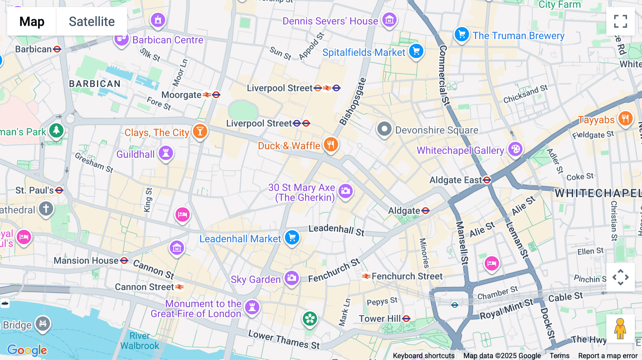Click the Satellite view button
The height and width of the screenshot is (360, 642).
(x=92, y=21)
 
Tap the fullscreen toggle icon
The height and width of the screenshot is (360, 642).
(x=620, y=21)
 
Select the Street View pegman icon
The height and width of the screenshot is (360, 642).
(x=620, y=329)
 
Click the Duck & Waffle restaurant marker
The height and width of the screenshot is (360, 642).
(x=331, y=145)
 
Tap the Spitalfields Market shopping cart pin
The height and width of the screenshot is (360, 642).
(x=416, y=51)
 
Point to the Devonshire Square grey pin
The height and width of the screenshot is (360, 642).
(x=384, y=129)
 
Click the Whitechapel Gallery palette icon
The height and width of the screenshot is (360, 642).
(x=515, y=149)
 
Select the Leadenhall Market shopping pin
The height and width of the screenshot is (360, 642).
(x=292, y=237)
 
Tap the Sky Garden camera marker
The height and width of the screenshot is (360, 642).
(x=291, y=278)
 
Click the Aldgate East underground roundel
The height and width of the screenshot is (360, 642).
(x=487, y=180)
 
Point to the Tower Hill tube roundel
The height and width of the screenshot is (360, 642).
(x=406, y=319)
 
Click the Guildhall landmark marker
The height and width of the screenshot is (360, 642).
(x=165, y=153)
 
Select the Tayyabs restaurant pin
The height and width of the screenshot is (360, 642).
(x=625, y=118)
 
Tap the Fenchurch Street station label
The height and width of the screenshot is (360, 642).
(x=407, y=276)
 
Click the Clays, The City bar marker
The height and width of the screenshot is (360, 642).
(x=200, y=131)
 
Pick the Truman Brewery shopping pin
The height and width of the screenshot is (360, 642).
(x=462, y=35)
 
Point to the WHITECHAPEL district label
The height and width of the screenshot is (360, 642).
(x=597, y=193)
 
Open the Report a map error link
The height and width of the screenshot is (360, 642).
(x=607, y=356)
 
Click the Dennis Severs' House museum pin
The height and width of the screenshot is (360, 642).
(x=389, y=20)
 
